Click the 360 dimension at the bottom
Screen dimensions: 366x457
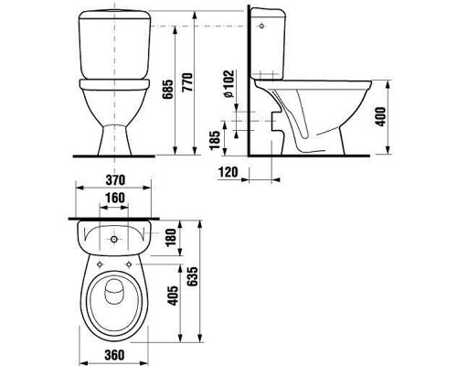[x=115, y=351]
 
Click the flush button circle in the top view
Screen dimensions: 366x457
[x=115, y=241]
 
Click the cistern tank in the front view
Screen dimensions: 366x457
[x=115, y=46]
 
